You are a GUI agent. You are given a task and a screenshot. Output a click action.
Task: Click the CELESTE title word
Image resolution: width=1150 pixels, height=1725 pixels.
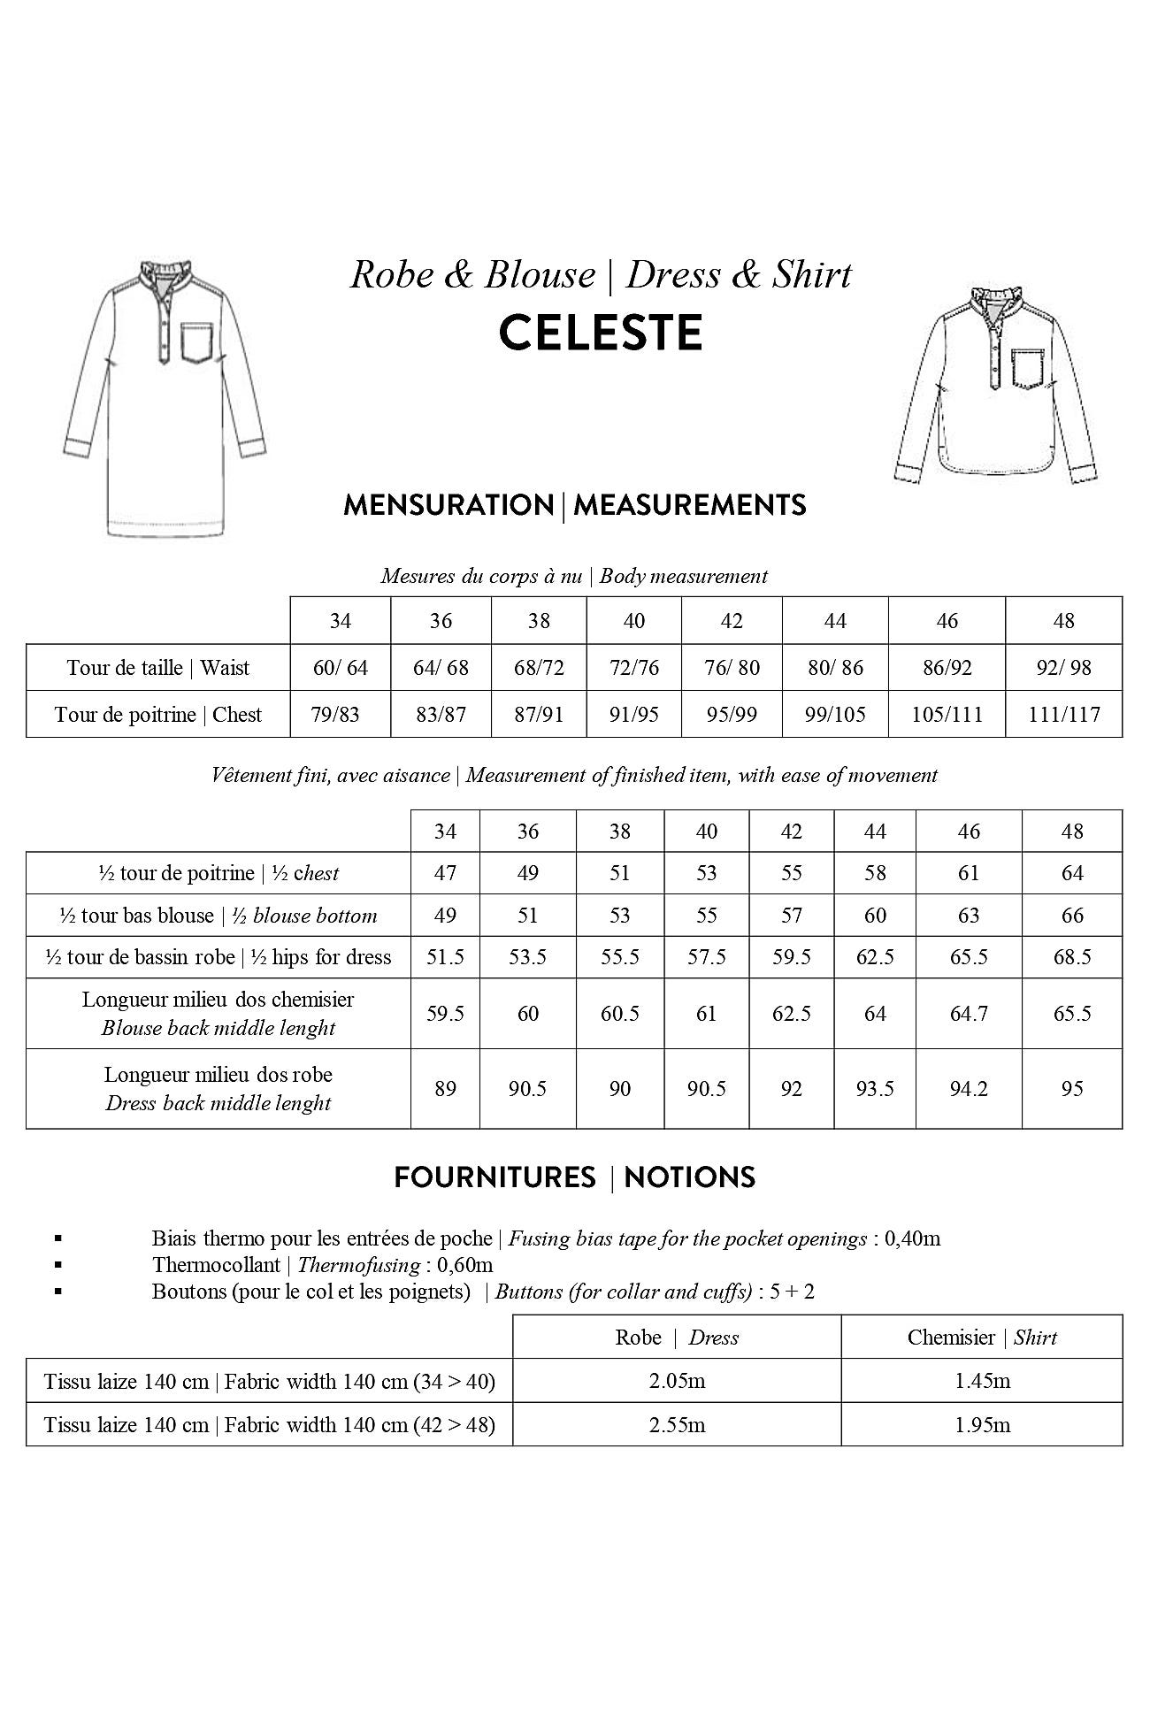pyautogui.click(x=601, y=333)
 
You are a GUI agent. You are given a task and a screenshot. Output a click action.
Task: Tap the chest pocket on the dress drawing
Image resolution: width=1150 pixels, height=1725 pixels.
pyautogui.click(x=198, y=343)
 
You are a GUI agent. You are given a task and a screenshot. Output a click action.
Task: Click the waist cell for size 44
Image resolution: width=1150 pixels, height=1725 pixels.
pyautogui.click(x=835, y=668)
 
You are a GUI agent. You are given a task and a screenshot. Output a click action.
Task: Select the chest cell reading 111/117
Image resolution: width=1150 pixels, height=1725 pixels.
pyautogui.click(x=1063, y=715)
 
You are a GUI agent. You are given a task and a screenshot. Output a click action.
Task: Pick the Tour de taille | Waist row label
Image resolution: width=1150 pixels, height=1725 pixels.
pyautogui.click(x=158, y=668)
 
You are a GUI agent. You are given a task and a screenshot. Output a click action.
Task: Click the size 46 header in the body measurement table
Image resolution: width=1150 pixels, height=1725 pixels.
pyautogui.click(x=947, y=621)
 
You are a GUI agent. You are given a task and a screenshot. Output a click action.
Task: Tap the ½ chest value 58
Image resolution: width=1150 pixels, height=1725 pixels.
pyautogui.click(x=875, y=873)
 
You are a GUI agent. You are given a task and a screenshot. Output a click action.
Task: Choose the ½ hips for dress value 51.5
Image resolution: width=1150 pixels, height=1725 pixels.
pyautogui.click(x=445, y=957)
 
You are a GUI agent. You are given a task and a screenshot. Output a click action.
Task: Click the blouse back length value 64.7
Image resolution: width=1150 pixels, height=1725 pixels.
pyautogui.click(x=969, y=1014)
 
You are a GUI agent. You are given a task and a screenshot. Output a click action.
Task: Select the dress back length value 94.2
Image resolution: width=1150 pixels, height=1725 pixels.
pyautogui.click(x=969, y=1089)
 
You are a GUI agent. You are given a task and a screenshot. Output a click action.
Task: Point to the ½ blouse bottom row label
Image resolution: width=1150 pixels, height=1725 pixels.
pyautogui.click(x=218, y=916)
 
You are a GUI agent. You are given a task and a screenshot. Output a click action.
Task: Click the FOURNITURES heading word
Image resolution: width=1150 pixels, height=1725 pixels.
pyautogui.click(x=494, y=1177)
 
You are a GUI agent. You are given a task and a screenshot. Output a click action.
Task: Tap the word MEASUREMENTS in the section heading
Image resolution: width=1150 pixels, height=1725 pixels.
pyautogui.click(x=690, y=505)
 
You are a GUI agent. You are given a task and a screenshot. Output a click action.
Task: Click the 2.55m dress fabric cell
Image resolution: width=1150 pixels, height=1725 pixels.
pyautogui.click(x=677, y=1425)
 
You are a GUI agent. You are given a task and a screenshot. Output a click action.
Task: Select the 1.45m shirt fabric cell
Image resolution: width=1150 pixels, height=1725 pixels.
pyautogui.click(x=982, y=1381)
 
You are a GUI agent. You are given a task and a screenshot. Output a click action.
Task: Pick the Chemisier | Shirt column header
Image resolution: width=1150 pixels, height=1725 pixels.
pyautogui.click(x=982, y=1338)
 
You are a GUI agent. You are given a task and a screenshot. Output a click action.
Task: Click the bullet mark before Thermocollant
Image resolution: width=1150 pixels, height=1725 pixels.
pyautogui.click(x=58, y=1265)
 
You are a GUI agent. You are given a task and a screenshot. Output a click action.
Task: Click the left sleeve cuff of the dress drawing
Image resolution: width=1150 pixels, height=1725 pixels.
pyautogui.click(x=78, y=448)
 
